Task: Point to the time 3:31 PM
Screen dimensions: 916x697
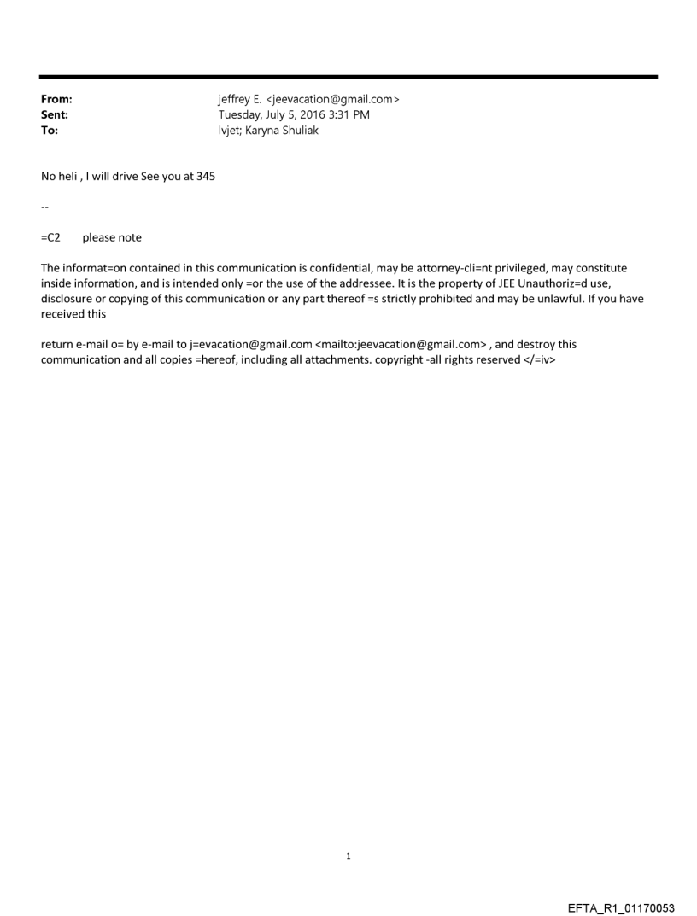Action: click(x=345, y=115)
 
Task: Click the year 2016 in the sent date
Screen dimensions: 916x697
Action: click(x=306, y=115)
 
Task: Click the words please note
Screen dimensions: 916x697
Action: click(x=112, y=238)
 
